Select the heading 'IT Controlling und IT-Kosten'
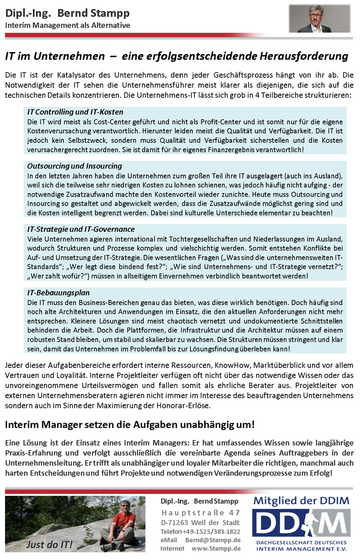(75, 112)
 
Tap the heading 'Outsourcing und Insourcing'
(74, 166)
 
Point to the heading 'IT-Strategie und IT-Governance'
(81, 229)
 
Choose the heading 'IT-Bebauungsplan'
(58, 293)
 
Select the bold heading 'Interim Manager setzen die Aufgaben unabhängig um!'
(130, 424)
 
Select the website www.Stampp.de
(216, 549)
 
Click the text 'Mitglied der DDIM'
(301, 501)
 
